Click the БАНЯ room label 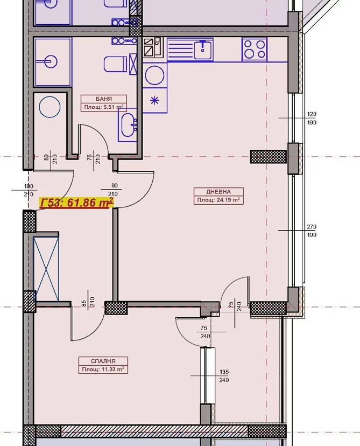(x=104, y=99)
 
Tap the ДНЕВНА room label (x=218, y=192)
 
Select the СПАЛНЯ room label (x=103, y=361)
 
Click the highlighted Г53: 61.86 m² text (x=77, y=203)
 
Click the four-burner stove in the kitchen (x=255, y=49)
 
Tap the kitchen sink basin (x=203, y=50)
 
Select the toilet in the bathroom (x=115, y=64)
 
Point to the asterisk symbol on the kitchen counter (x=154, y=100)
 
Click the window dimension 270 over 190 (x=312, y=231)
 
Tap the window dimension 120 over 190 (x=312, y=118)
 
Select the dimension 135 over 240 (x=224, y=376)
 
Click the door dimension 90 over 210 (x=115, y=190)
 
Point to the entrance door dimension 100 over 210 (x=29, y=190)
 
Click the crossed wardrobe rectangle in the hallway (x=46, y=268)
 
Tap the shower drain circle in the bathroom (x=50, y=107)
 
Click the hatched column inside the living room (x=268, y=156)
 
